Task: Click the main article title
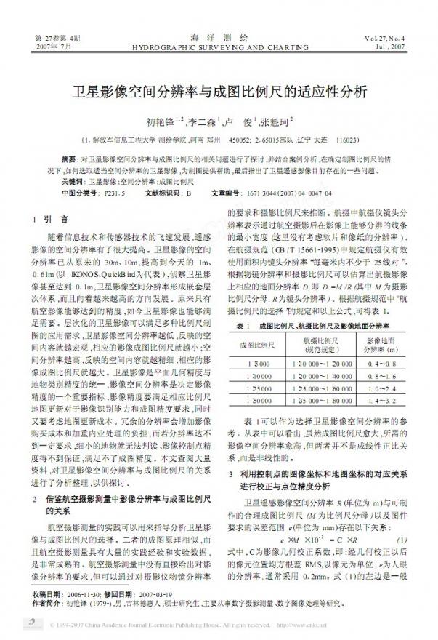click(x=219, y=94)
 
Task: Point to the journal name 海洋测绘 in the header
click(x=219, y=36)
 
